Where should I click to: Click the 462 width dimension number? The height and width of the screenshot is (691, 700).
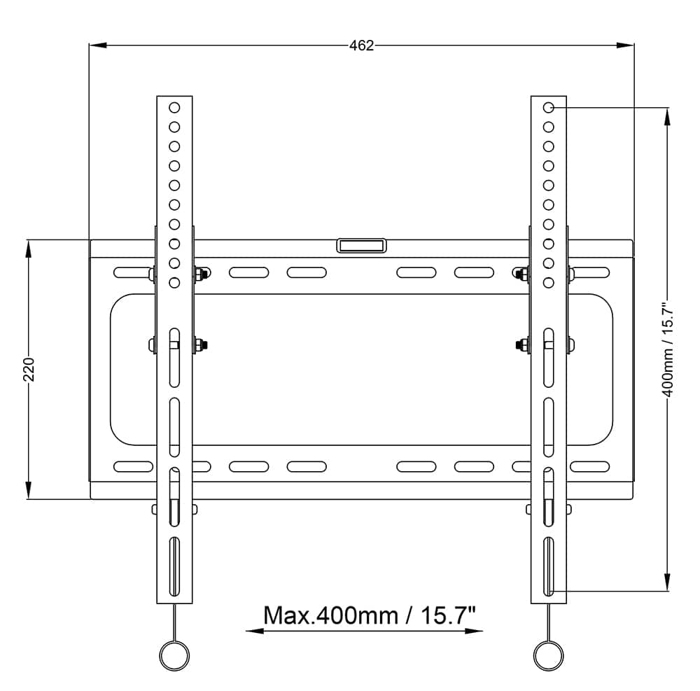(x=361, y=46)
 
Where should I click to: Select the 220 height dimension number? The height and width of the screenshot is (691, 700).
(x=29, y=369)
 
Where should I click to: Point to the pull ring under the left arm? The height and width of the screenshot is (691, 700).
(x=174, y=655)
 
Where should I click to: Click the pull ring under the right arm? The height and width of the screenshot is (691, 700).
(x=548, y=655)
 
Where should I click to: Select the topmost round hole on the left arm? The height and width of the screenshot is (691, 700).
(x=174, y=108)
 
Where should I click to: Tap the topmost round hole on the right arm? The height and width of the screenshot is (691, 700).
(x=549, y=108)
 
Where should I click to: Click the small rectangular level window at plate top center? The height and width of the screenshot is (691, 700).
(x=361, y=246)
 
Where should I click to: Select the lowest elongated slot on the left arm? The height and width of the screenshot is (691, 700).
(x=174, y=566)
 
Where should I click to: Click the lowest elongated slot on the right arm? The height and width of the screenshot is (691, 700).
(x=549, y=566)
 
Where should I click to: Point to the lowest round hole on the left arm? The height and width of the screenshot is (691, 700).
(x=174, y=283)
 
